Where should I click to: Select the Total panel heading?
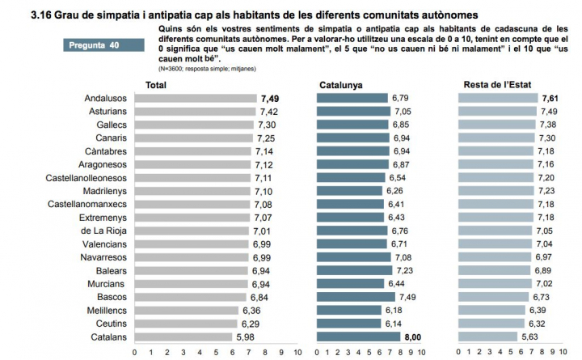156,85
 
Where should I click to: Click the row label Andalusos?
104,98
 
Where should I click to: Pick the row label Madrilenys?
103,191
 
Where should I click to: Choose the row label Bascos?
108,297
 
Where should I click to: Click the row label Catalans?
105,337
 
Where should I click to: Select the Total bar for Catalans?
183,337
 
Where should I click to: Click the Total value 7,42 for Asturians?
269,112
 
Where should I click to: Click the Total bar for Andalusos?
195,98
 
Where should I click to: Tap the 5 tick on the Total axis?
216,354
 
